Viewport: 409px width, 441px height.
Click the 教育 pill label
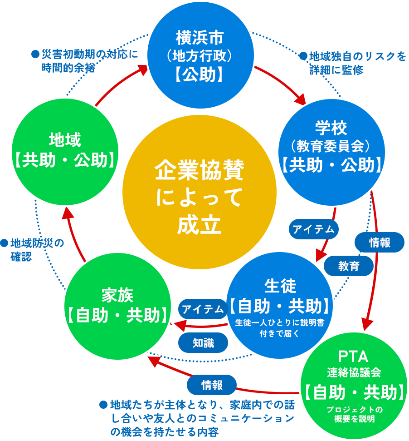click(x=349, y=266)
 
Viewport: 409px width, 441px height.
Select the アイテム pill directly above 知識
click(x=203, y=310)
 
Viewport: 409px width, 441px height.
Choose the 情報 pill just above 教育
click(x=380, y=242)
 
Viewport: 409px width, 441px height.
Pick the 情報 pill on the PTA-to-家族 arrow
click(x=212, y=385)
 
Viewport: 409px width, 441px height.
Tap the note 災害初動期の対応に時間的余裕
click(x=84, y=60)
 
